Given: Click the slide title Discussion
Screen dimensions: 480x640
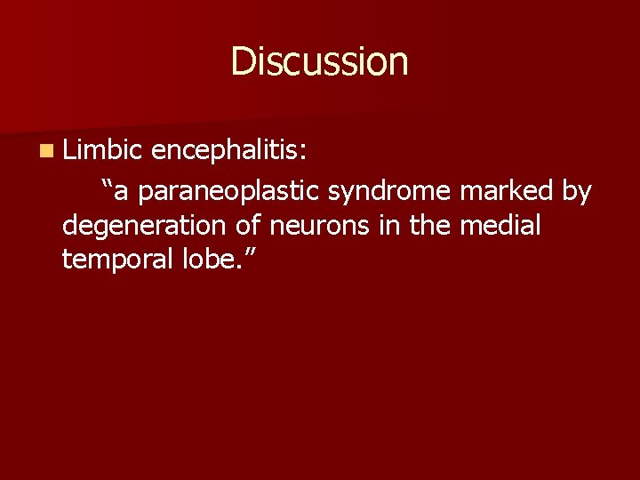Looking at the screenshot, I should pos(319,61).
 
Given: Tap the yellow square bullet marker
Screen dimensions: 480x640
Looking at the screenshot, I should pos(45,152).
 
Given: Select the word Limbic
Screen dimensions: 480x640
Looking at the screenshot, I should pos(97,150).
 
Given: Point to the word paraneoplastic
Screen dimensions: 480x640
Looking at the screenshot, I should pos(232,191).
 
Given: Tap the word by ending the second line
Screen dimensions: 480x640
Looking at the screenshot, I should pos(576,191).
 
